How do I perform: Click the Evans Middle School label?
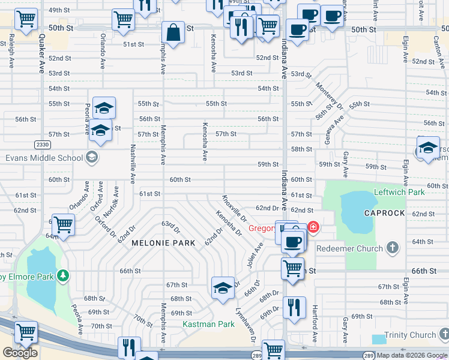tap(43, 158)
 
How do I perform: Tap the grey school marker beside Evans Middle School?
tap(91, 158)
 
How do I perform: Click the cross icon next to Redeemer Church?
tap(392, 248)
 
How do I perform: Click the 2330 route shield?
tap(43, 144)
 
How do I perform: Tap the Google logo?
tap(20, 353)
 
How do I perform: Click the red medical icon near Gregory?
tap(313, 227)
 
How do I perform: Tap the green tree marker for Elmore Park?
tap(63, 276)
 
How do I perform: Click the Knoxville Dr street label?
tap(234, 208)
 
